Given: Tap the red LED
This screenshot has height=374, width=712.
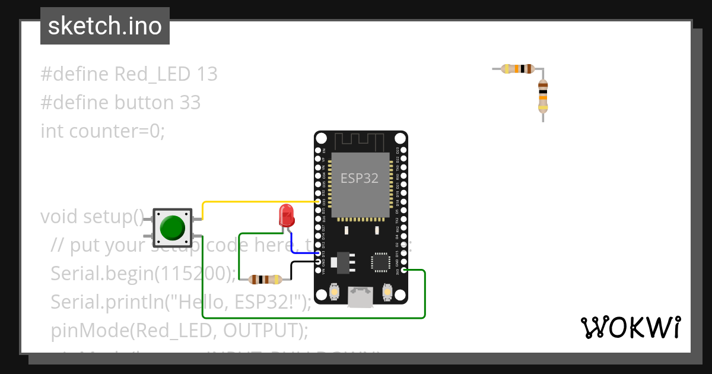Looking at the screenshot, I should coord(287,216).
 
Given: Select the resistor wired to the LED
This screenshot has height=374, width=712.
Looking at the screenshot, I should coord(265,279).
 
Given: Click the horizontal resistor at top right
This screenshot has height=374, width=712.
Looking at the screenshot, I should coord(518,69).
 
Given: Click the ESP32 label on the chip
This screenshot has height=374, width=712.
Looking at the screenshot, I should coord(359,178).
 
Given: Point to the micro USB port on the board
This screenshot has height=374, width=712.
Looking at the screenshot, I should coord(360,296).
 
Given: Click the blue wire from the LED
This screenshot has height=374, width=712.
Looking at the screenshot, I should coord(303,253).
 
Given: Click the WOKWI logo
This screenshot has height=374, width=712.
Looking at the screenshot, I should coord(630,327).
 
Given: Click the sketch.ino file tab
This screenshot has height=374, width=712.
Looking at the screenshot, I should coord(105,26).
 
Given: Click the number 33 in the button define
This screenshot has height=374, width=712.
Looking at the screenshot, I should coord(190,103).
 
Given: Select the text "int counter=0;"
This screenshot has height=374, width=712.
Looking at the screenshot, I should coord(102,131).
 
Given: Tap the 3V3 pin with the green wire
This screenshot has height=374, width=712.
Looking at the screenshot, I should coord(403,271).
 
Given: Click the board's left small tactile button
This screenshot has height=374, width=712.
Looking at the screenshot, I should coord(333,293).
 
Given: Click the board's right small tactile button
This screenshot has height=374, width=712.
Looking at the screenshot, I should coord(387,293).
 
